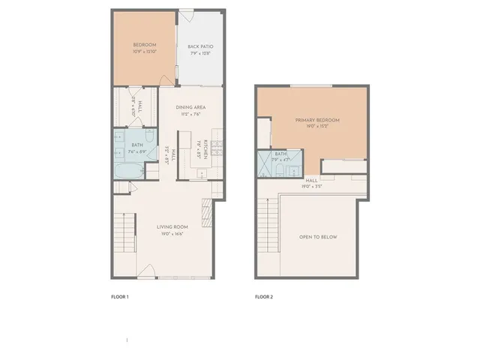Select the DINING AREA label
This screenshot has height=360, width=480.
(x=190, y=107)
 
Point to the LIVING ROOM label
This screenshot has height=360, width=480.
(x=172, y=227)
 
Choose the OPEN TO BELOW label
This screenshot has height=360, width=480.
(x=319, y=237)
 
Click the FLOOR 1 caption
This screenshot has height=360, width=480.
(x=120, y=297)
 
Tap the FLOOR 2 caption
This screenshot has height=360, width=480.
(x=264, y=297)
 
